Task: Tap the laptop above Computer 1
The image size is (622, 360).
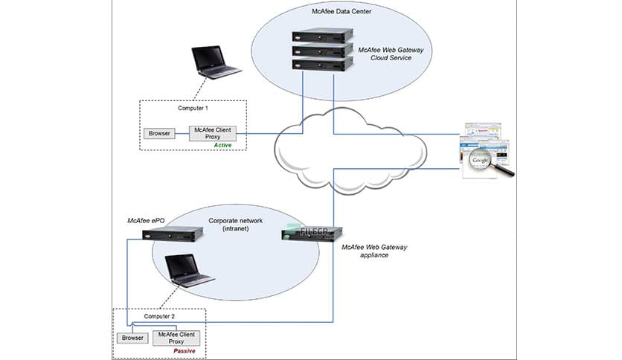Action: (216, 65)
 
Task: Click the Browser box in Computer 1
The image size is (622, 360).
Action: (158, 134)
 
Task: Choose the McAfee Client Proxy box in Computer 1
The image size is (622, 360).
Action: (213, 132)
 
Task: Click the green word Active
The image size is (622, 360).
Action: (223, 145)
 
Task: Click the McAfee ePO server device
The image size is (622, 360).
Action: (173, 237)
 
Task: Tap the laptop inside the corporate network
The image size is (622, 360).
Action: (188, 271)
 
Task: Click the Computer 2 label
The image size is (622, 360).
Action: (158, 317)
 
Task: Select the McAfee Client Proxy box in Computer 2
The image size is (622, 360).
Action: (178, 337)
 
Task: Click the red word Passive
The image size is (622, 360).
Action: (184, 350)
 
